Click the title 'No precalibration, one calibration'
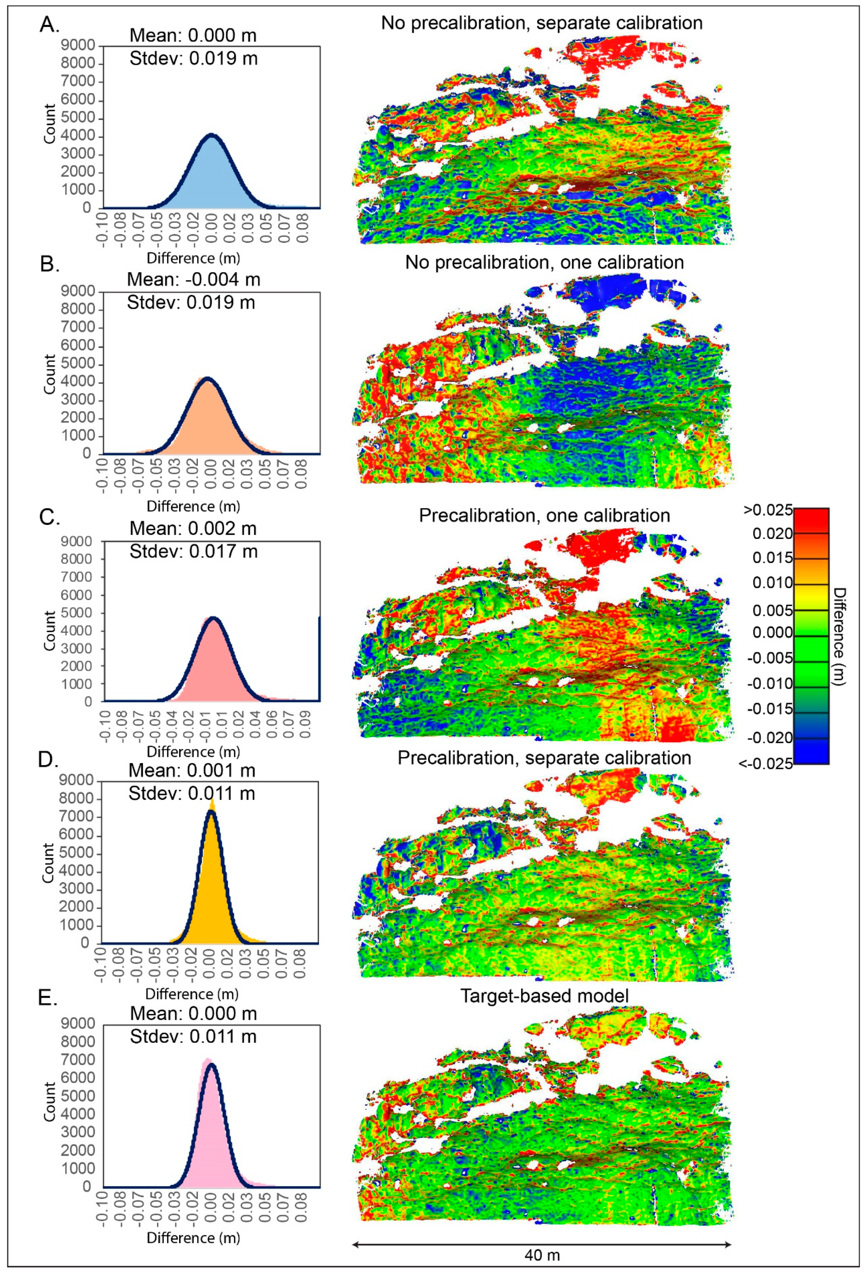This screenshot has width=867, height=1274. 544,262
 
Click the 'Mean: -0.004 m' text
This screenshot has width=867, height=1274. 194,280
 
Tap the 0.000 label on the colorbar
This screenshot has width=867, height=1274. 772,632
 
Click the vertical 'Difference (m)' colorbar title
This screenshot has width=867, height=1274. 839,636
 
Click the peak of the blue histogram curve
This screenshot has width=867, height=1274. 212,135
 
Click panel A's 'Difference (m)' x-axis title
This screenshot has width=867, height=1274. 193,258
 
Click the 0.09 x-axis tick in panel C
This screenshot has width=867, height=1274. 305,725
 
